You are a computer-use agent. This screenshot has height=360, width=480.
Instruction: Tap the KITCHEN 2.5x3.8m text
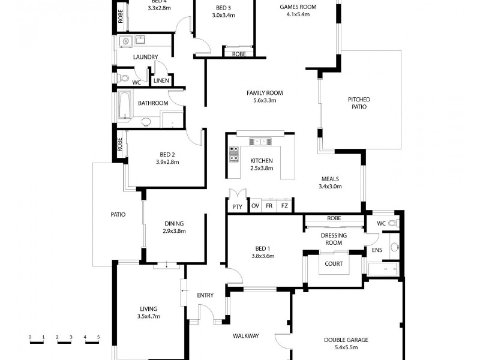point(262,164)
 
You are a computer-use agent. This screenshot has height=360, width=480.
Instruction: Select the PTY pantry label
point(238,206)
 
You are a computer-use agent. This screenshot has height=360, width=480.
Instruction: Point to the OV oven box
point(255,206)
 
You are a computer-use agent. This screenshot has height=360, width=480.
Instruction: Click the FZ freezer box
point(284,206)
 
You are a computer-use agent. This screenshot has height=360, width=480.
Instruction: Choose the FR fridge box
point(269,206)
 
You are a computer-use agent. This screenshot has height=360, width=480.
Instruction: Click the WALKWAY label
point(246,336)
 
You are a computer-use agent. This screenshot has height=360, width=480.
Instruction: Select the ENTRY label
point(205,295)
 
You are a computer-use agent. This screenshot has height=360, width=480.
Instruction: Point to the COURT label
point(334,264)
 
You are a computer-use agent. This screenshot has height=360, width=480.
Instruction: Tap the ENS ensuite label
point(377,250)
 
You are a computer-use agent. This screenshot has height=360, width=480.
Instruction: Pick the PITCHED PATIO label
point(359,103)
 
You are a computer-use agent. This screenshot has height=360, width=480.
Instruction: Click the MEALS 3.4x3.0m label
point(330,182)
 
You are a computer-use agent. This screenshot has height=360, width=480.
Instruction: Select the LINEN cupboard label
point(160,81)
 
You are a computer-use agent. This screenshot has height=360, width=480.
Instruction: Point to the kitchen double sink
point(261,142)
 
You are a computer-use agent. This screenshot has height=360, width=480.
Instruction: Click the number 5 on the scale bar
point(98,337)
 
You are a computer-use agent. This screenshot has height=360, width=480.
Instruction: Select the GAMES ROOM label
point(298,10)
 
